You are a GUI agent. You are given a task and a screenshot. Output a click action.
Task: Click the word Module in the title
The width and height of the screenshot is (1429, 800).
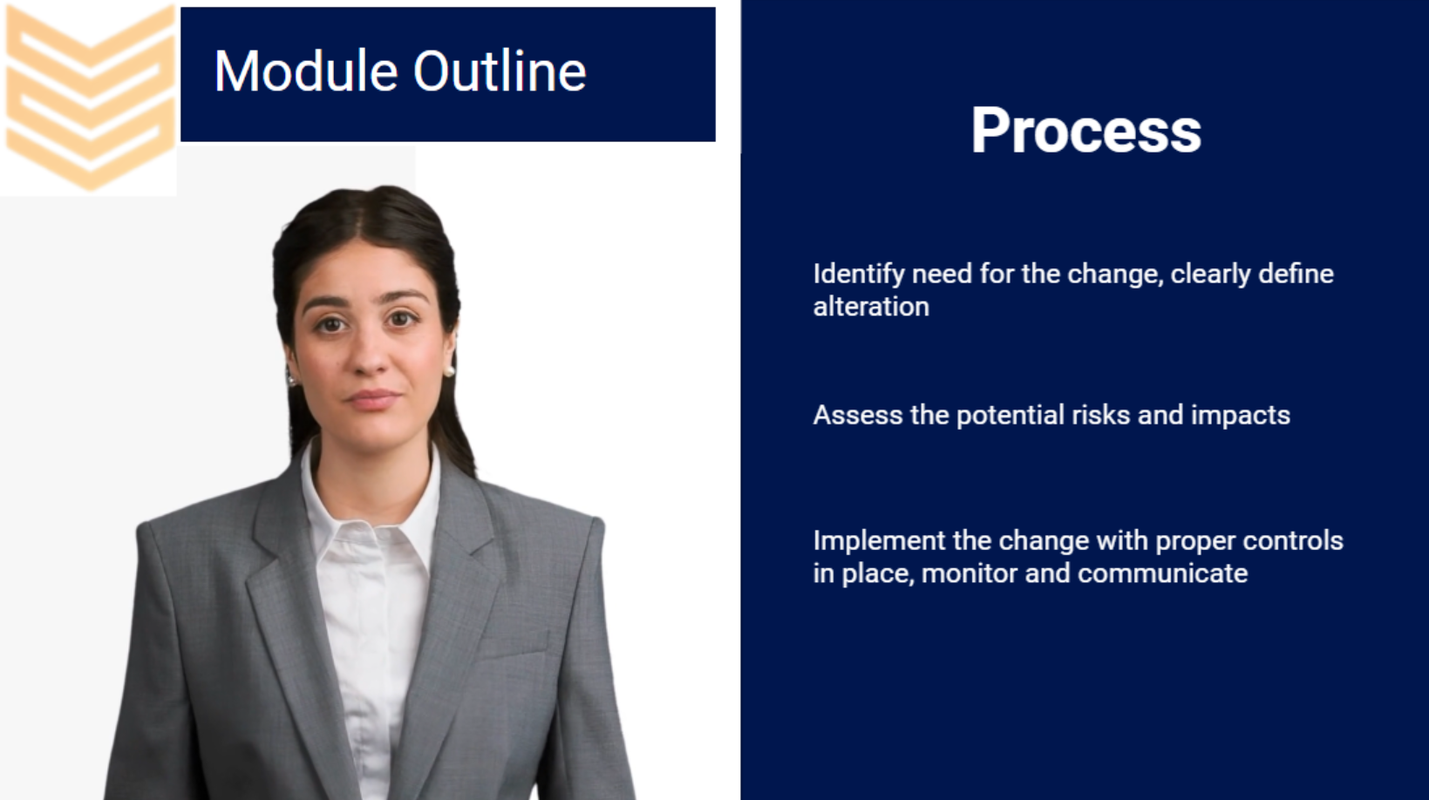click(305, 71)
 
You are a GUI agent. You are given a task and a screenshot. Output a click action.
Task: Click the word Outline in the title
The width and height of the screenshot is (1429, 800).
click(500, 71)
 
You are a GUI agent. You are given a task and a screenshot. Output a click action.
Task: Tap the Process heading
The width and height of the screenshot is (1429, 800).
click(1085, 131)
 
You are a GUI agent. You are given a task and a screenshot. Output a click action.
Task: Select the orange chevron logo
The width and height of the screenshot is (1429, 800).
click(89, 98)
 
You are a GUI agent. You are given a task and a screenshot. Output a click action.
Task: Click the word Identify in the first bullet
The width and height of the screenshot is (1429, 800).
click(860, 275)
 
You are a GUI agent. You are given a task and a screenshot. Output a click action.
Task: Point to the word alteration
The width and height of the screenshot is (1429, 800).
click(871, 307)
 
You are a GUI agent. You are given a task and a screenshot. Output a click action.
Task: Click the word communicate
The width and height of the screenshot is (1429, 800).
click(1162, 573)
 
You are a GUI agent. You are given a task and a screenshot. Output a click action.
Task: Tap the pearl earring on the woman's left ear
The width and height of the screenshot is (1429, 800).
click(449, 370)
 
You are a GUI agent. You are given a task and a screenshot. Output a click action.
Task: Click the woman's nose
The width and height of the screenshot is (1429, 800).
click(369, 350)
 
